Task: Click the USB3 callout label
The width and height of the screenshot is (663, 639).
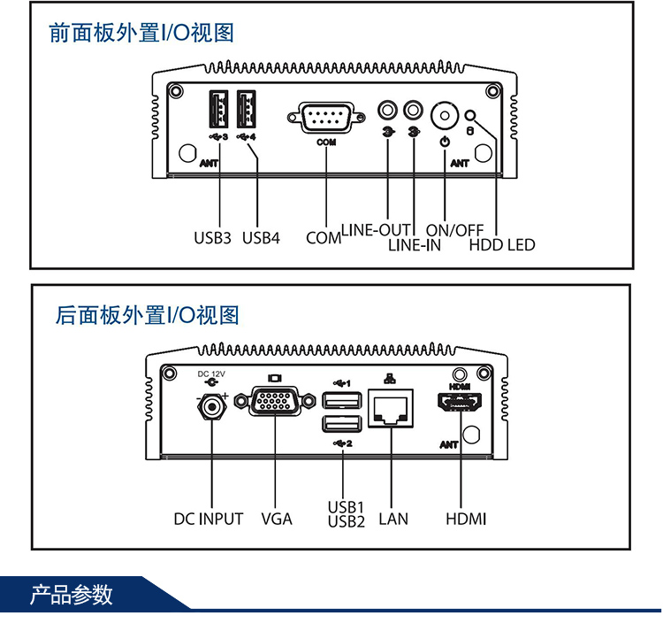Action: coord(212,238)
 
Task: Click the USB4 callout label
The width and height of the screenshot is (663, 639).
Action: coord(261,238)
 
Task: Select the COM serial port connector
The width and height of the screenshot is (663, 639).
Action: coord(324,118)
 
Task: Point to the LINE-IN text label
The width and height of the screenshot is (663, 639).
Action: coord(414,245)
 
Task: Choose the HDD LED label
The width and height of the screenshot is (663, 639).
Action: coord(501,244)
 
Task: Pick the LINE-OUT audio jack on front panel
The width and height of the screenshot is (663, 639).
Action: coord(387,111)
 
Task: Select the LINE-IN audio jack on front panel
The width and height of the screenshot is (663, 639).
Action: coord(413,111)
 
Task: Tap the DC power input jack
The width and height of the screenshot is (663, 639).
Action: coord(212,407)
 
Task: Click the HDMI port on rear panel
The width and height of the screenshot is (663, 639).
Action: coord(461,406)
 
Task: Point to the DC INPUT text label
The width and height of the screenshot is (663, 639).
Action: coord(208,519)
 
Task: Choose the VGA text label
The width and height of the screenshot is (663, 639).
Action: coord(277,519)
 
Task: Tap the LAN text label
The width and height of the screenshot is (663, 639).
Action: coord(393,519)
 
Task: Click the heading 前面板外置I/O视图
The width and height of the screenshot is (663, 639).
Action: coord(141,34)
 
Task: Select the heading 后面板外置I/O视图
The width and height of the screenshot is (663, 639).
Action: coord(147,314)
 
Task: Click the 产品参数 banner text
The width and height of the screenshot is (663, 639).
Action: coord(72,595)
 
